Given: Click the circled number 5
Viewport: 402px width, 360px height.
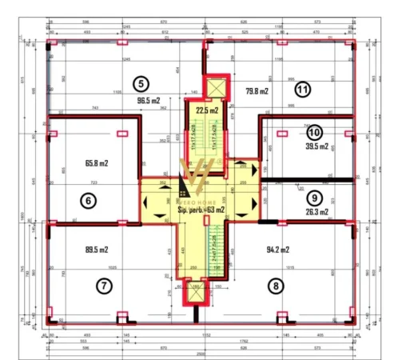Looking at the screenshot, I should [x=141, y=82].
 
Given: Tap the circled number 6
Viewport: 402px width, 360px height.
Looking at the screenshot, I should [x=89, y=202].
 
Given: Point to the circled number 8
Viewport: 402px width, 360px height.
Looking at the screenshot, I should [x=277, y=284].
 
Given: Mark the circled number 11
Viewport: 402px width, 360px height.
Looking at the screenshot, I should [x=302, y=89].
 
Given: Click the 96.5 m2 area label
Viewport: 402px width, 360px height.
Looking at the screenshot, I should [x=149, y=101].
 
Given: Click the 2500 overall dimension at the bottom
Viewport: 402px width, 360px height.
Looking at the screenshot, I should [x=200, y=354].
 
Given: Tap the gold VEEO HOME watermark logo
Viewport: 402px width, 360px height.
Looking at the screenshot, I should [x=194, y=178].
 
